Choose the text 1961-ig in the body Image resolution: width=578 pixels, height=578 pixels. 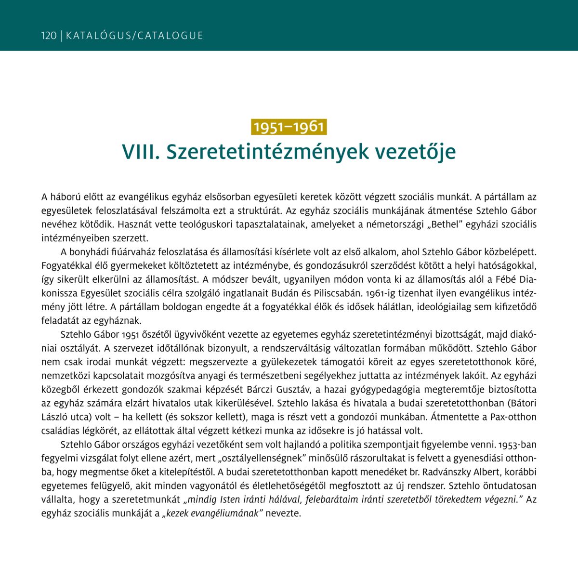click(x=381, y=293)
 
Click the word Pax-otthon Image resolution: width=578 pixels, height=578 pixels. click(x=514, y=417)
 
